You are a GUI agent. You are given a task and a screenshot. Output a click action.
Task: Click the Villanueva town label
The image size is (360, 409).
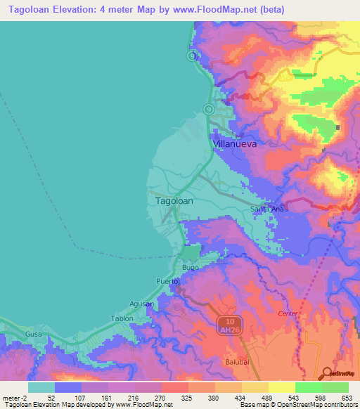tap(234, 143)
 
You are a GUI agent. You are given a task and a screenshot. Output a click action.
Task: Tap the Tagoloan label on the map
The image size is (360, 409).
tap(173, 200)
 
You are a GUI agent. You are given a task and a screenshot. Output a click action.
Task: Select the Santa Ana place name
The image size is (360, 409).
tap(267, 209)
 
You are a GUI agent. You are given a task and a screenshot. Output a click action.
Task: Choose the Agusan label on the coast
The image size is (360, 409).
tap(142, 304)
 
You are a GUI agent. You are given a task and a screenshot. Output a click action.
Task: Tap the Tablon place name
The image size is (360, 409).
tap(122, 318)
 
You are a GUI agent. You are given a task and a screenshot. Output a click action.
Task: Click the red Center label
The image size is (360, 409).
tap(288, 313)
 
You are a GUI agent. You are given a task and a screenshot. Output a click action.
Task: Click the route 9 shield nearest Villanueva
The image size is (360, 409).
tap(208, 109)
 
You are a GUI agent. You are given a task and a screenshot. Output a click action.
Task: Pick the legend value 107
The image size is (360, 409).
tap(82, 397)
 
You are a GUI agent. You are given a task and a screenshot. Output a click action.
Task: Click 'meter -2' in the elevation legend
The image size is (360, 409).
tap(14, 397)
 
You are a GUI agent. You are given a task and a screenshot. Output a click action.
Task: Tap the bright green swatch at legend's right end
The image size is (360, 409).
tap(335, 387)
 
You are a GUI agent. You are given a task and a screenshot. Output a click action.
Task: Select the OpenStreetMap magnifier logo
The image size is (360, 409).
tap(327, 373)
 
